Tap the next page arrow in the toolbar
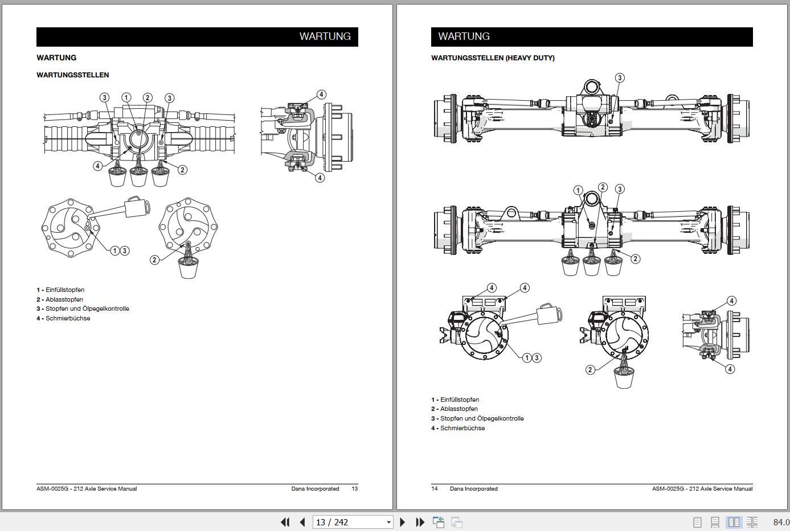(x=403, y=522)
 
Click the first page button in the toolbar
(x=285, y=522)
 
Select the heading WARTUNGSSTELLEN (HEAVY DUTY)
(x=493, y=57)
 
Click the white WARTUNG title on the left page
(x=325, y=36)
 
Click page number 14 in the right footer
(x=435, y=488)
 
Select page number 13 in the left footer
(x=354, y=488)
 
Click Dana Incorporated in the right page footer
(x=473, y=488)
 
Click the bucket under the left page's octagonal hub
(x=188, y=267)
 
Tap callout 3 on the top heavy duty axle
(x=620, y=78)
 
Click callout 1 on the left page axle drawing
(x=126, y=98)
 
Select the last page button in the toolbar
(x=420, y=522)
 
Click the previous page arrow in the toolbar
(x=302, y=522)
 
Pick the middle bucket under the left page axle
(x=138, y=177)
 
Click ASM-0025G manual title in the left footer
(x=87, y=488)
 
